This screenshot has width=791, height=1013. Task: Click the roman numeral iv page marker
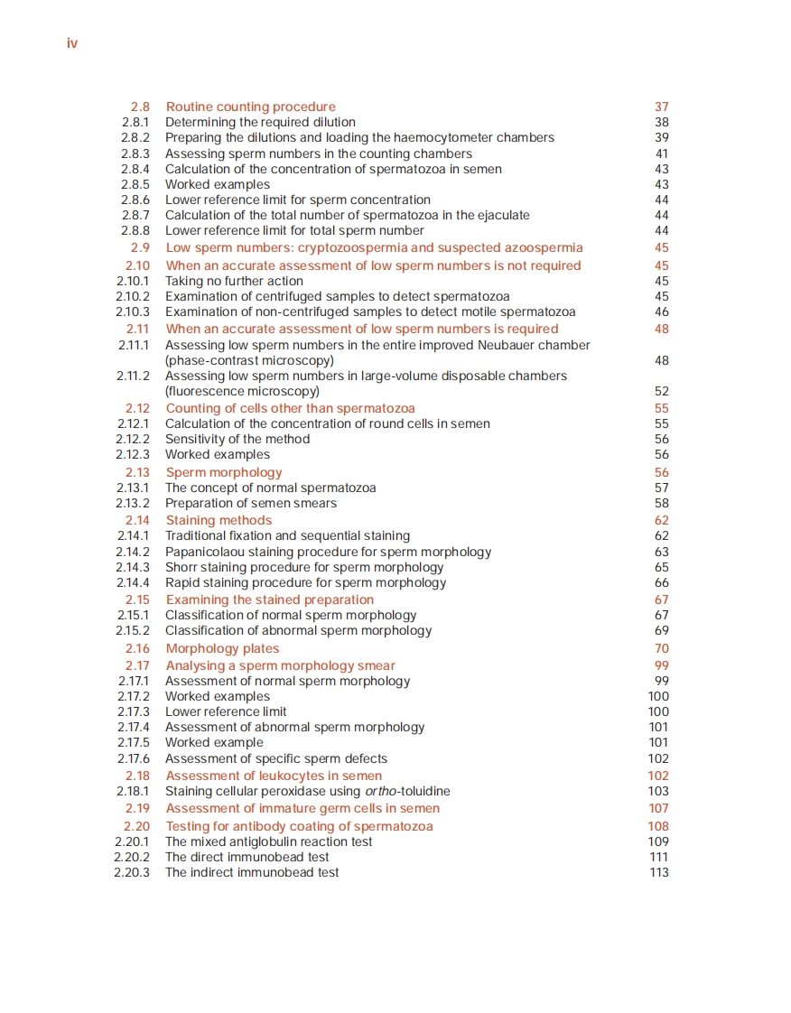[x=72, y=43]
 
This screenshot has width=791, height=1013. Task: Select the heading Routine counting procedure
[x=250, y=107]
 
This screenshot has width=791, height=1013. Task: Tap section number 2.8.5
[x=135, y=184]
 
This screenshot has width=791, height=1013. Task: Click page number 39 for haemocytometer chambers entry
[x=662, y=137]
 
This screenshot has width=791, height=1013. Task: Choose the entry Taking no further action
[x=234, y=281]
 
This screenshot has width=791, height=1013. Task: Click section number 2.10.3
[x=133, y=311]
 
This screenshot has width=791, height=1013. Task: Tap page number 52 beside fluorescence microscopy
[x=662, y=391]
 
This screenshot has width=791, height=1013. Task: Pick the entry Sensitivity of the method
[x=237, y=439]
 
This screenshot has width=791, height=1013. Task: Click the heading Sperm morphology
[x=224, y=472]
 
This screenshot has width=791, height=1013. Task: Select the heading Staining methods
[x=219, y=520]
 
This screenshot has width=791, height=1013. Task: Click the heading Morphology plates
[x=222, y=648]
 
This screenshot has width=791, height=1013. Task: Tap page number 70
[x=662, y=648]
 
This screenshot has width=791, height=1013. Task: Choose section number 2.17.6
[x=134, y=758]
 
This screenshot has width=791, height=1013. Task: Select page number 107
[x=659, y=808]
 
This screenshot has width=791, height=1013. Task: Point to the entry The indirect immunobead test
[x=252, y=872]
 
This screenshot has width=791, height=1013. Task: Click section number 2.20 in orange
[x=137, y=826]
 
